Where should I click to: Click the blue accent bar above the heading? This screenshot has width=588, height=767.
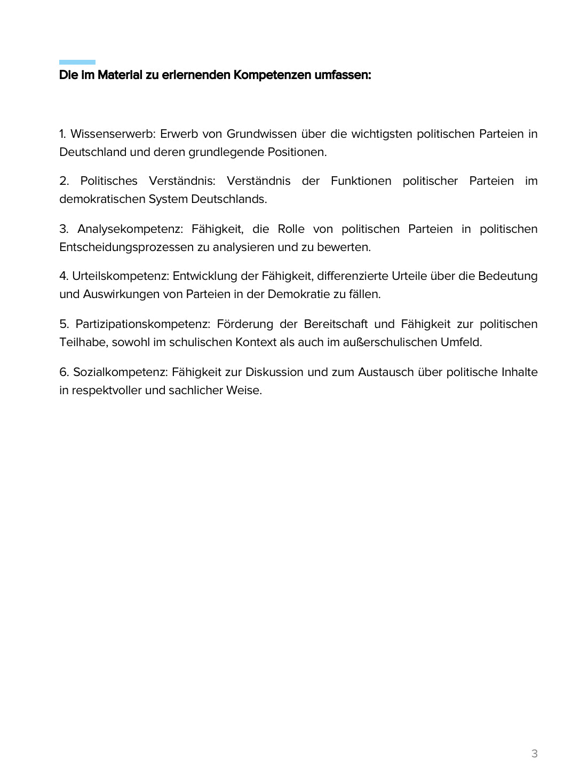pos(77,62)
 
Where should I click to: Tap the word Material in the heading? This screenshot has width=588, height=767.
pos(120,75)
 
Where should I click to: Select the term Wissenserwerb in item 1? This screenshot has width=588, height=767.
pos(112,134)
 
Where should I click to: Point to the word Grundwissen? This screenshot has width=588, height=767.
pos(261,134)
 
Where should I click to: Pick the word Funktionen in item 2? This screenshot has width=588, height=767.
pos(361,181)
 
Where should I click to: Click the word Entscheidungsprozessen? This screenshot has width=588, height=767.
pos(126,247)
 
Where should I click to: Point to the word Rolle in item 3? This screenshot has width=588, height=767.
pos(291,229)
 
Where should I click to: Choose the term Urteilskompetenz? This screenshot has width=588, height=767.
pos(120,276)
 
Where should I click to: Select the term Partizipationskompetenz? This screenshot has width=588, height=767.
pos(142,324)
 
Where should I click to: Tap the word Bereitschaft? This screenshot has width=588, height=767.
pos(336,324)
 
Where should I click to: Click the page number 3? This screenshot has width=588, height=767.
pos(534,754)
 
